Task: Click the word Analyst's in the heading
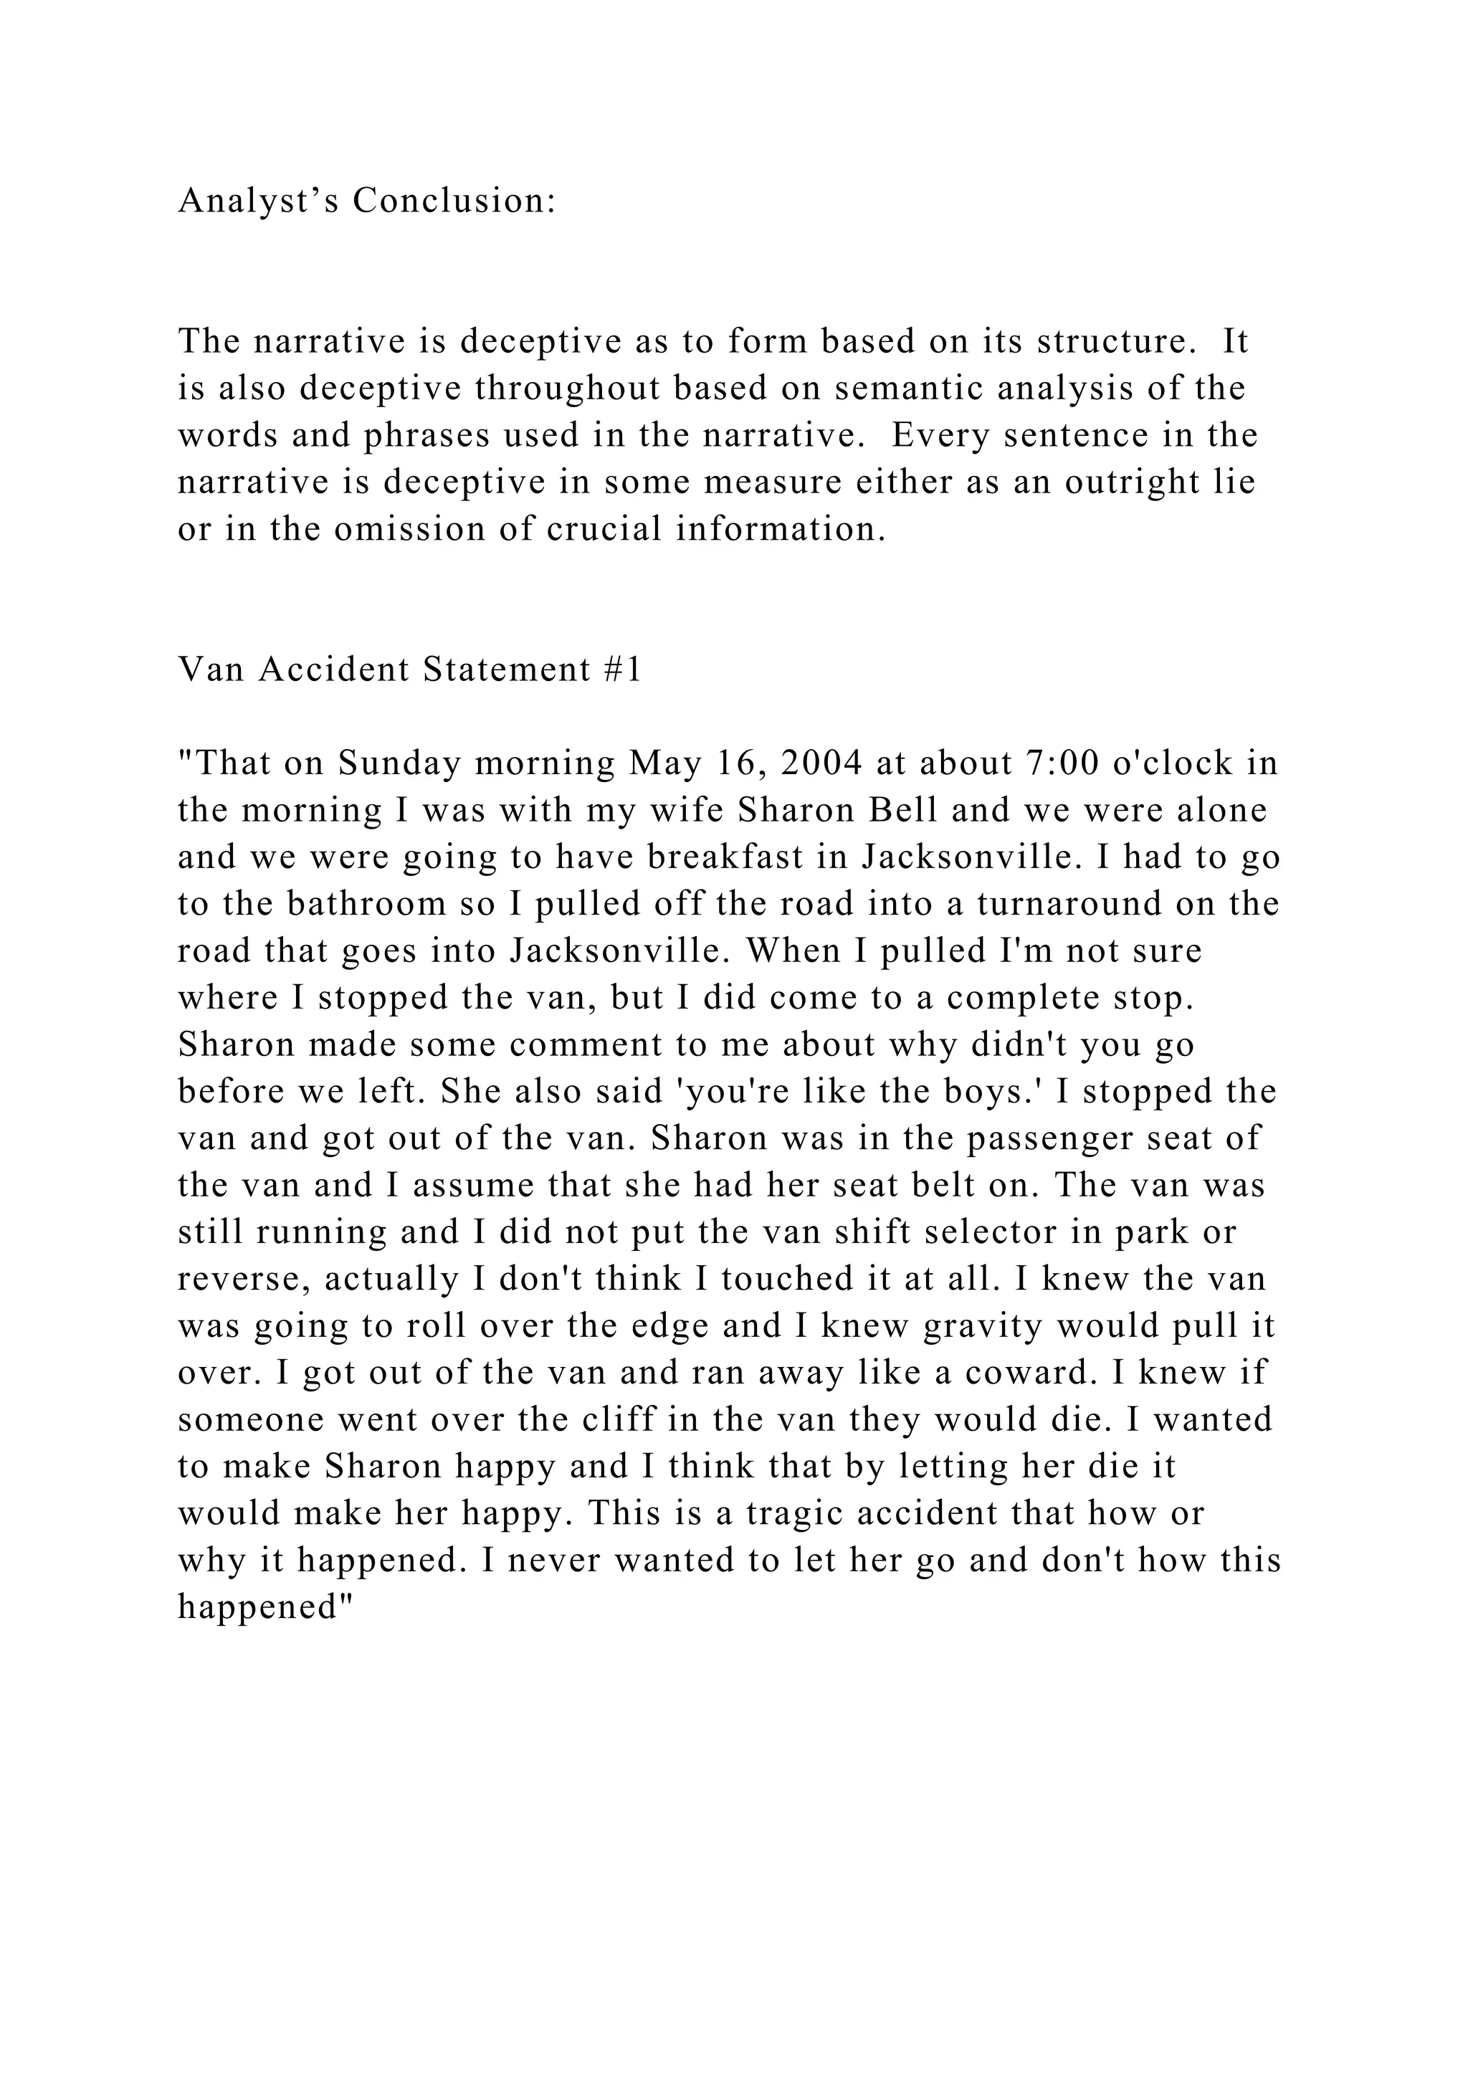coord(259,201)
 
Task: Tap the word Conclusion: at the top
coord(454,201)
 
